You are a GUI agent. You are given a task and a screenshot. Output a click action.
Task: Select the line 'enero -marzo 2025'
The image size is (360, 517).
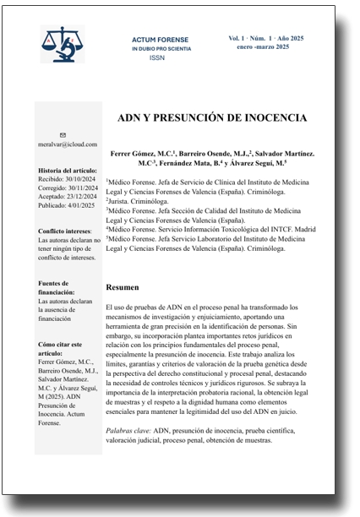(x=259, y=47)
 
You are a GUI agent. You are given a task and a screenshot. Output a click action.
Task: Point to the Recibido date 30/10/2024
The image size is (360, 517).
(x=84, y=179)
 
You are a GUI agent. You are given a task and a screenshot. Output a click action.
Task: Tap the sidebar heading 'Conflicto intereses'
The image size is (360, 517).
(x=65, y=231)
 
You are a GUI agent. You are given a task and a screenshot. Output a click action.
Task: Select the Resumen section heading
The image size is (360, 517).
(x=124, y=287)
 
